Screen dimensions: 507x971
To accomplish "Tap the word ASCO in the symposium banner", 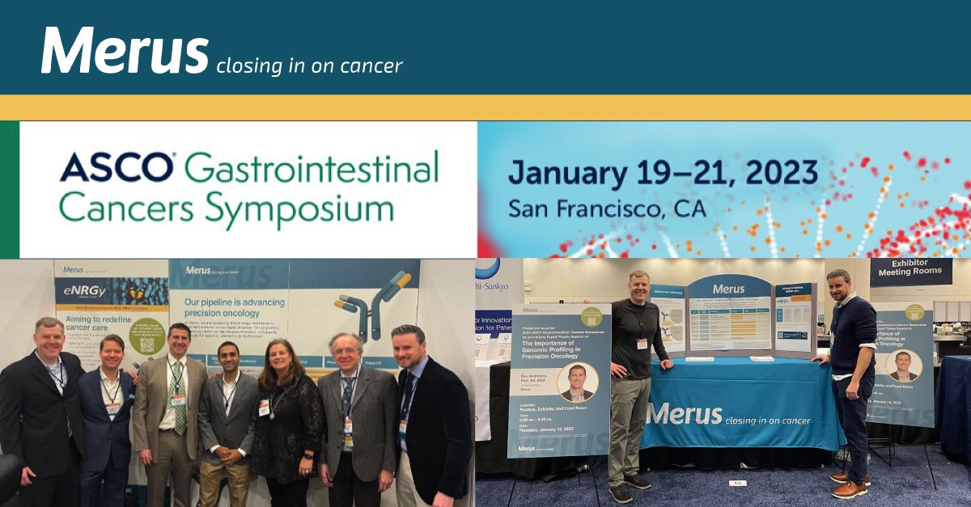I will click(116, 167).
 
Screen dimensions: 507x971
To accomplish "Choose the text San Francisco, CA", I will click(607, 209).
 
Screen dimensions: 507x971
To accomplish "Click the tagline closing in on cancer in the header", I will click(309, 65).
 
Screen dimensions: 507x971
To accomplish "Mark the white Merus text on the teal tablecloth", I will click(684, 414).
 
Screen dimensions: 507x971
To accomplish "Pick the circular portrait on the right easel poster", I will click(903, 365).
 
